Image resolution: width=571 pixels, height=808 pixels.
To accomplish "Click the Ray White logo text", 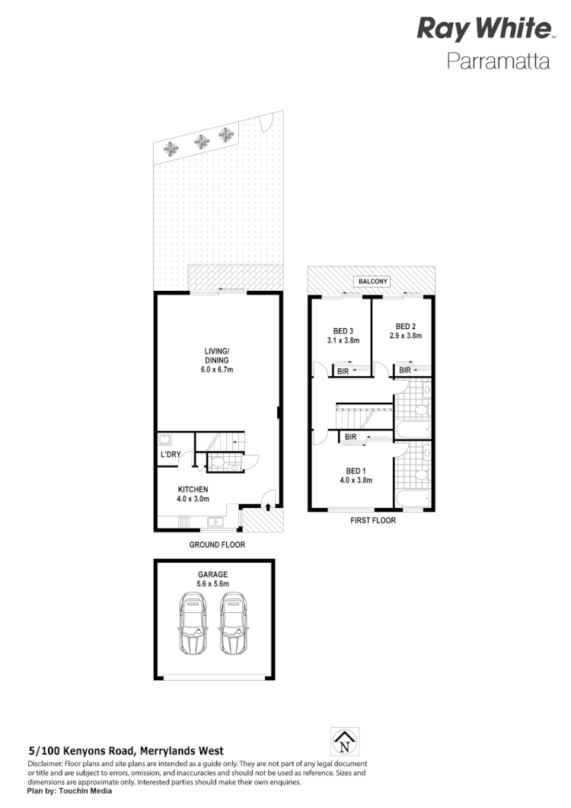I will point(483,30).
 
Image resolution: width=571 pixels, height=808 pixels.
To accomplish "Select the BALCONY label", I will point(372,282).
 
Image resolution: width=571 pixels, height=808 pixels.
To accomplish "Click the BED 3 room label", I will point(343,331).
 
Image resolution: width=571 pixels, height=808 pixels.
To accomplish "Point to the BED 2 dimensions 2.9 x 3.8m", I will point(405,335).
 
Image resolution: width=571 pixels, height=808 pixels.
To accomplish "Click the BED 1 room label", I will point(356,470).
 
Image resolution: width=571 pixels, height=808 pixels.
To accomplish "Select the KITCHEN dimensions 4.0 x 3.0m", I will point(193,499).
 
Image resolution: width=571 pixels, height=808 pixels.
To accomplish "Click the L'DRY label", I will point(170,455).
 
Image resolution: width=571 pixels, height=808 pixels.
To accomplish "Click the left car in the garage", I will point(193,624).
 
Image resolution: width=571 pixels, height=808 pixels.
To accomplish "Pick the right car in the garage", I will point(235,624).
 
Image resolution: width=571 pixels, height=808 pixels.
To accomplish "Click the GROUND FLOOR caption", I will point(217,545).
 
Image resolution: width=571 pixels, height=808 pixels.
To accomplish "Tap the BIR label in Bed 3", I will point(343,371).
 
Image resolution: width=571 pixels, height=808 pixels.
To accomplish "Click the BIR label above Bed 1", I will point(350,437).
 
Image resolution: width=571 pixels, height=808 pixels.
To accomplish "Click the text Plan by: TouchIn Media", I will point(69,790).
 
